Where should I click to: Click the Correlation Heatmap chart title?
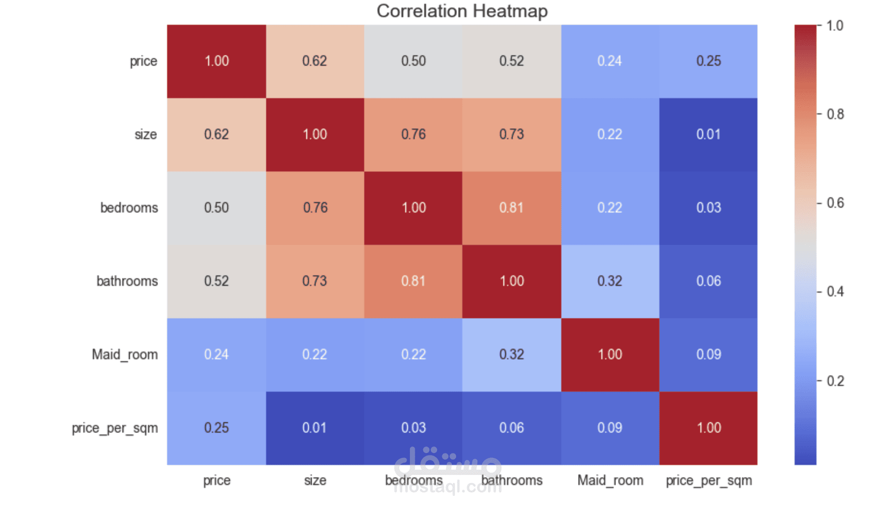point(462,11)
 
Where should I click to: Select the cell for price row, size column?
point(315,61)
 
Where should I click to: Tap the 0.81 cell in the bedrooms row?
point(511,208)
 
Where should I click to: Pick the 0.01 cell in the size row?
point(708,134)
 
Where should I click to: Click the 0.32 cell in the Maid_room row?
point(511,354)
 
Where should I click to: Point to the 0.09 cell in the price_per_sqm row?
point(610,428)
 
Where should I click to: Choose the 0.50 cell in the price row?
point(413,61)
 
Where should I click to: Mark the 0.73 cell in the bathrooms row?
point(315,281)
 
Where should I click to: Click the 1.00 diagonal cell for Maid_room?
point(610,354)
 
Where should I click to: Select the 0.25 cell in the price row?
point(708,61)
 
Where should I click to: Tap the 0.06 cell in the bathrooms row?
point(708,281)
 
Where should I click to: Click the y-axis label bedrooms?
point(129,208)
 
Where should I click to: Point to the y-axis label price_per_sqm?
point(115,428)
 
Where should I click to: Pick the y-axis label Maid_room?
point(125,354)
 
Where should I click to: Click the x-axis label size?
point(315,480)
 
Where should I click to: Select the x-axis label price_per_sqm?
point(708,480)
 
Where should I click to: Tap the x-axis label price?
point(217,480)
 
